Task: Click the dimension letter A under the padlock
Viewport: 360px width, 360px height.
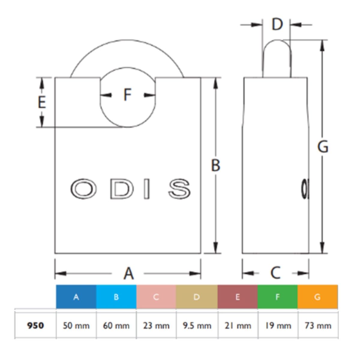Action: [x=129, y=273]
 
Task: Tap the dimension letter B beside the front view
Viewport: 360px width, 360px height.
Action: [x=215, y=165]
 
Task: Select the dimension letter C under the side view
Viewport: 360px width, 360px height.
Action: [x=275, y=273]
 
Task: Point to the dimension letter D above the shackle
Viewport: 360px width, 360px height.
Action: [x=277, y=25]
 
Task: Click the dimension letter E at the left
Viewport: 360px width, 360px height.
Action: [x=42, y=102]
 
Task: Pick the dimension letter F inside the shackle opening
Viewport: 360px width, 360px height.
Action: [x=127, y=95]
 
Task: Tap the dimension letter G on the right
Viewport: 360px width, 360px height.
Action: [x=323, y=147]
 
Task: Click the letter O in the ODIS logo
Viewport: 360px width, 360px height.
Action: [x=83, y=189]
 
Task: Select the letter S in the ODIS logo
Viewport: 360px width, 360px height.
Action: [x=179, y=189]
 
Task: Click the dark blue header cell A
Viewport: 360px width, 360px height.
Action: [x=76, y=297]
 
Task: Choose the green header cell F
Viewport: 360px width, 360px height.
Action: [x=277, y=297]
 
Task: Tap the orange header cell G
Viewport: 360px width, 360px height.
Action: [x=317, y=297]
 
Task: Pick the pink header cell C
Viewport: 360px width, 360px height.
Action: [x=156, y=297]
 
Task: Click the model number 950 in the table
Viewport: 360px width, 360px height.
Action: [x=35, y=325]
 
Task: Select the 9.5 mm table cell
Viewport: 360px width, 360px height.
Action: [x=197, y=325]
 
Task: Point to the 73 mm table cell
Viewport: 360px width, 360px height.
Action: [x=318, y=325]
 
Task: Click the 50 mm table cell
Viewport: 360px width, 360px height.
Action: [x=76, y=325]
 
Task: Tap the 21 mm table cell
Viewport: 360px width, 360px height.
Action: [x=238, y=325]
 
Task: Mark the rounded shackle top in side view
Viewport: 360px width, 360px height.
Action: [x=277, y=45]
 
